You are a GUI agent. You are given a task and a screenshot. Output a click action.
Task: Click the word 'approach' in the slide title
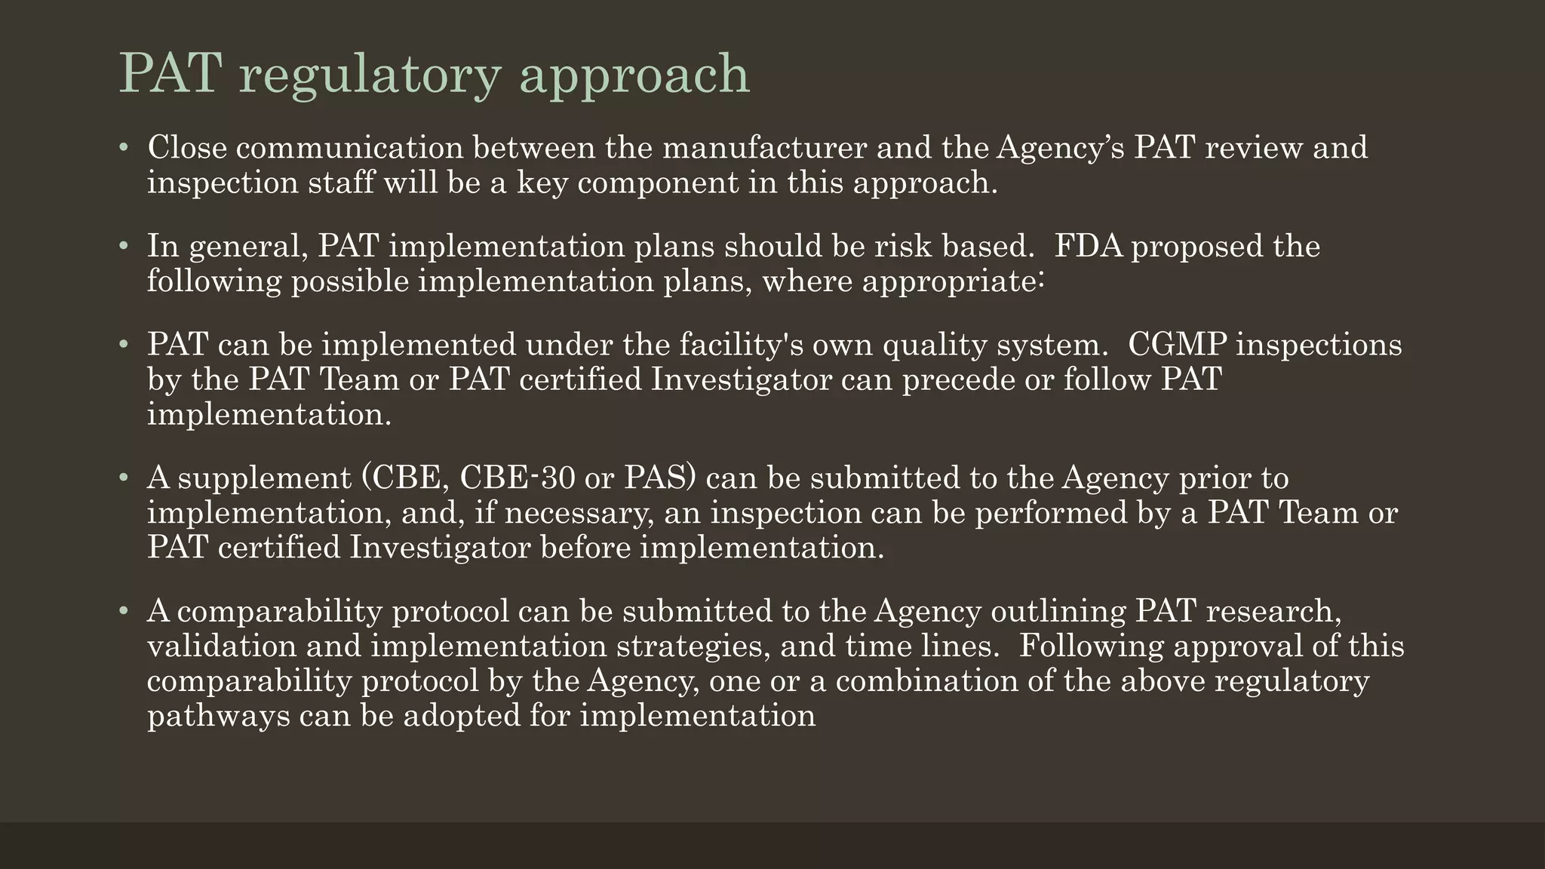pyautogui.click(x=634, y=75)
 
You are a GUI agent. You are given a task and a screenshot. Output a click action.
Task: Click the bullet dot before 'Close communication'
pyautogui.click(x=124, y=147)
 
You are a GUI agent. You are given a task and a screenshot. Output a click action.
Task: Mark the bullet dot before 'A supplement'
pyautogui.click(x=124, y=477)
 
